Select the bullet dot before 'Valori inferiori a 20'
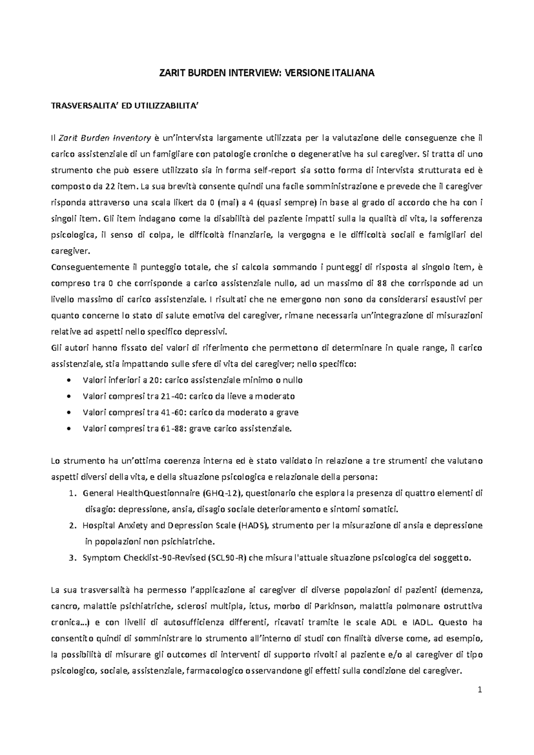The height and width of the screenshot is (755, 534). coord(68,381)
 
